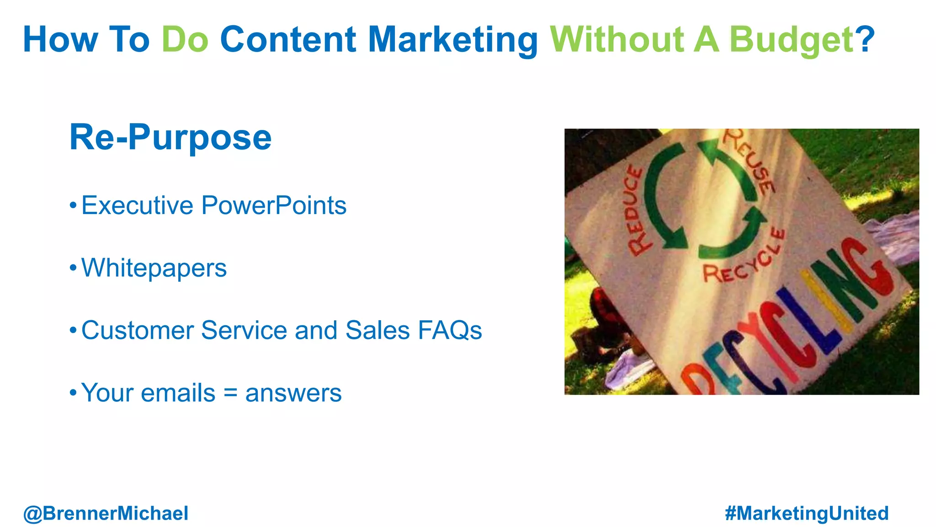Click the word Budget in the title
point(791,40)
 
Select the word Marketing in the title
point(453,40)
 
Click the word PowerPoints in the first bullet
point(274,205)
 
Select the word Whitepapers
point(154,268)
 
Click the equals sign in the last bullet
point(230,393)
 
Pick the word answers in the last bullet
point(293,393)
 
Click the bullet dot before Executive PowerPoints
point(73,205)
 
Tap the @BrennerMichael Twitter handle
point(106,513)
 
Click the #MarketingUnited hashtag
point(807,513)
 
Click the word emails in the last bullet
point(178,393)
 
